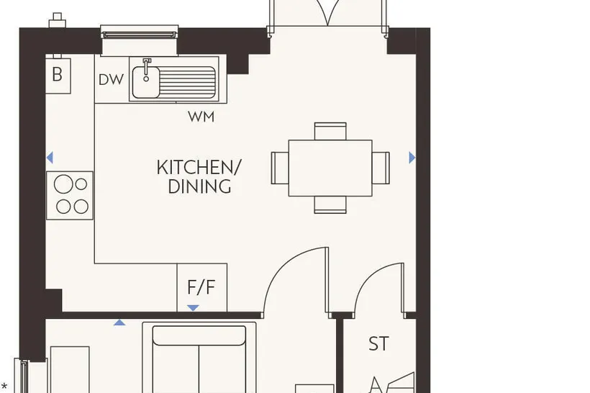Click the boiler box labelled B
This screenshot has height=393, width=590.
tap(58, 76)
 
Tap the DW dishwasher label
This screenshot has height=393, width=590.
tap(111, 80)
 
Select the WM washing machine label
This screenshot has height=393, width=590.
tap(201, 117)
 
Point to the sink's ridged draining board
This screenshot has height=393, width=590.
tap(187, 83)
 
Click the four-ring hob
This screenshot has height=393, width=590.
tap(70, 195)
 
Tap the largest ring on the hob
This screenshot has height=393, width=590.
tap(63, 184)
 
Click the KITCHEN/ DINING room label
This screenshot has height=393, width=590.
tap(199, 177)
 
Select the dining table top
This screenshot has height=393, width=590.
tap(330, 168)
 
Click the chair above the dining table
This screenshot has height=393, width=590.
tap(330, 131)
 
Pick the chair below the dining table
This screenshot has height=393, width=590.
tap(330, 205)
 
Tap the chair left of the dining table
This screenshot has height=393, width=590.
tap(280, 168)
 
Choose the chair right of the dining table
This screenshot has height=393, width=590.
tap(381, 168)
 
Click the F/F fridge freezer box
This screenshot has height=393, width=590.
tap(202, 288)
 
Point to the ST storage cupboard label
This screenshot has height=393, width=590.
tap(378, 343)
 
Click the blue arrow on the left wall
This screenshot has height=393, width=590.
tap(50, 158)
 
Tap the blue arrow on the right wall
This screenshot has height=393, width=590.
tap(412, 158)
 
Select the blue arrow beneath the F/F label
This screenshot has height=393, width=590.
tap(193, 308)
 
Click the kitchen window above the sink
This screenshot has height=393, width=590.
tap(139, 35)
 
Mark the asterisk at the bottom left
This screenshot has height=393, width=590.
tap(4, 387)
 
